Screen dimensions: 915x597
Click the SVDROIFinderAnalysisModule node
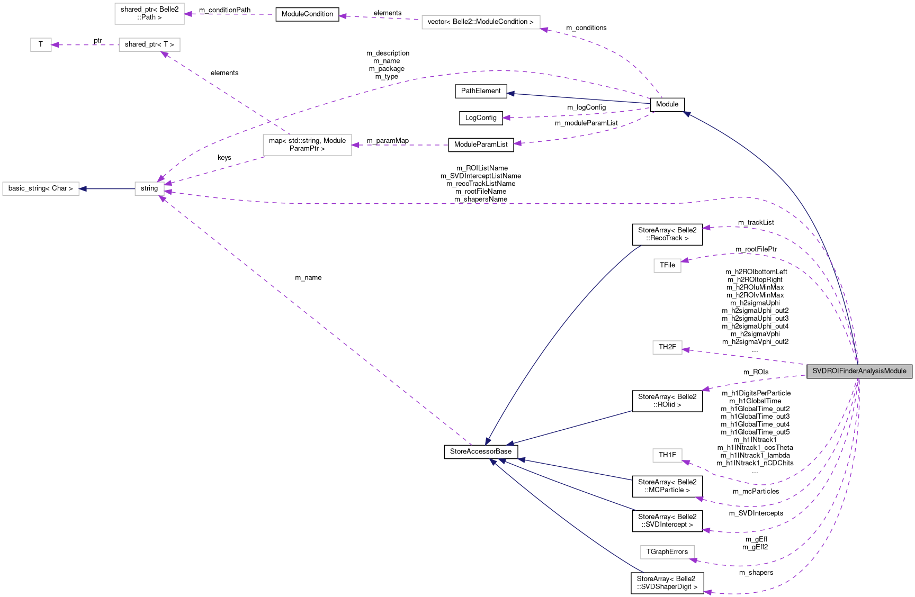coord(859,371)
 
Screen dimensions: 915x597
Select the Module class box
coord(667,104)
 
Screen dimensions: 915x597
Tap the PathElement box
coord(481,91)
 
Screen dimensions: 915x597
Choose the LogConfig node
coord(481,118)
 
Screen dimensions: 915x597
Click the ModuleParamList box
coord(481,144)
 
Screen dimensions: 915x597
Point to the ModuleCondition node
coord(307,14)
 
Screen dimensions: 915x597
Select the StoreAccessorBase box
coord(481,451)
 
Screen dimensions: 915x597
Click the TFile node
coord(667,265)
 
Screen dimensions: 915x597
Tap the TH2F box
coord(667,347)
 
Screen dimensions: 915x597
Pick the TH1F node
coord(667,455)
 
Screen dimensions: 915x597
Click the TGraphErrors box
coord(667,552)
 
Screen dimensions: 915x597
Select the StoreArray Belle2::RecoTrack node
coord(667,234)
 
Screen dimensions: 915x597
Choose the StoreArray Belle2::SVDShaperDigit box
coord(667,583)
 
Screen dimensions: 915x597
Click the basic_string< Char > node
coord(41,188)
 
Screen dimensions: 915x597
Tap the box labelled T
coord(41,44)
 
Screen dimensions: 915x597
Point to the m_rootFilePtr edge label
coord(756,249)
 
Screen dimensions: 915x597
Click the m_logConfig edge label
coord(586,107)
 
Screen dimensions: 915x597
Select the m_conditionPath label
coord(225,10)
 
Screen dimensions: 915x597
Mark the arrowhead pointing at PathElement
coord(510,94)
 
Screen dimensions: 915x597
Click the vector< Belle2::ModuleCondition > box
coord(481,22)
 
